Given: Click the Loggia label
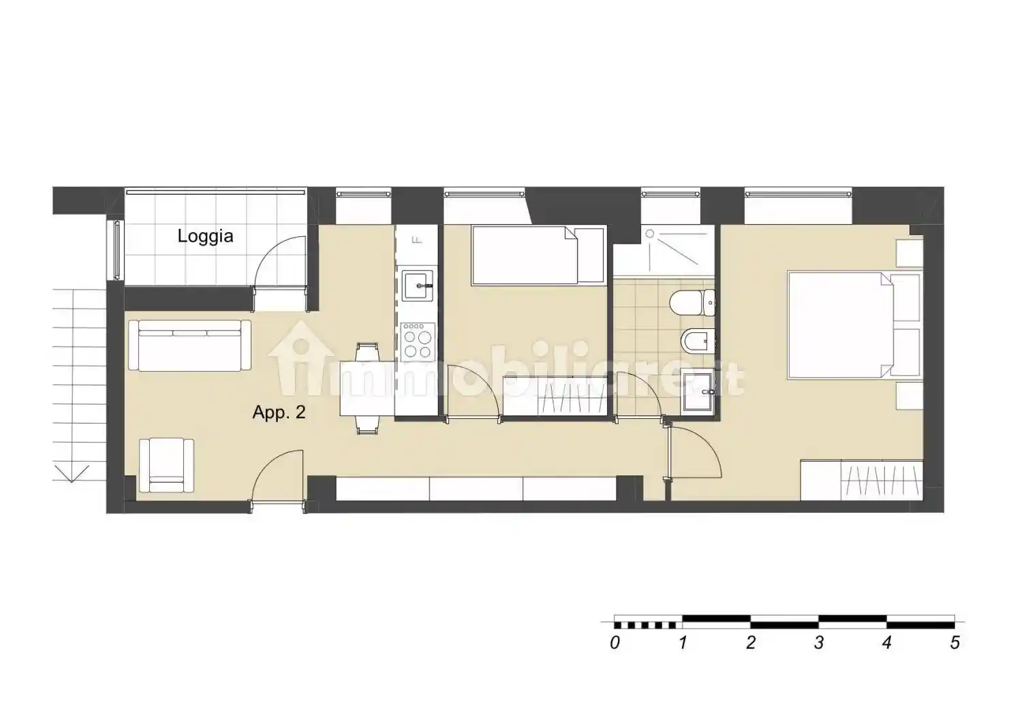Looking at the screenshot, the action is pyautogui.click(x=205, y=236).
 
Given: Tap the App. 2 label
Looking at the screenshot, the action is pyautogui.click(x=279, y=412).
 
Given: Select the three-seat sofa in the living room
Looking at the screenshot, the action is pyautogui.click(x=189, y=345).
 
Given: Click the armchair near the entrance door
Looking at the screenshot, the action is pyautogui.click(x=166, y=465).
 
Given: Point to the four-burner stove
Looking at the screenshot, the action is pyautogui.click(x=418, y=341).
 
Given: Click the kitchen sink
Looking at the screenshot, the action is pyautogui.click(x=418, y=285).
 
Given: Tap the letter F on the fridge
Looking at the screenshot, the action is pyautogui.click(x=418, y=240).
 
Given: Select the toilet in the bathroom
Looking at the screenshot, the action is pyautogui.click(x=693, y=303).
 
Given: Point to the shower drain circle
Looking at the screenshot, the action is pyautogui.click(x=650, y=233).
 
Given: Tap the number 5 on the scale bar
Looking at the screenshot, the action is pyautogui.click(x=954, y=643).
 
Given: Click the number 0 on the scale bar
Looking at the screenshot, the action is pyautogui.click(x=615, y=643).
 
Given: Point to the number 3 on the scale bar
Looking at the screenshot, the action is pyautogui.click(x=819, y=643).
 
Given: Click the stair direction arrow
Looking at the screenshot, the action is pyautogui.click(x=72, y=474).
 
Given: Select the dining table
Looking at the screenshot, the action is pyautogui.click(x=367, y=388).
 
